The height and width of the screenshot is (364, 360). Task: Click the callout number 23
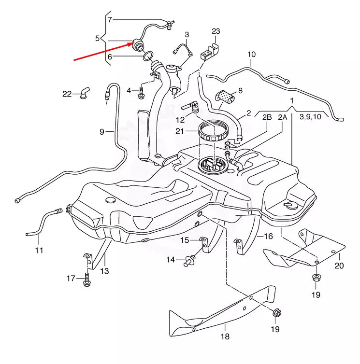216,31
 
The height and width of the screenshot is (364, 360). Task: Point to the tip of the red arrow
133,43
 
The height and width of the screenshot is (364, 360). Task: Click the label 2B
267,117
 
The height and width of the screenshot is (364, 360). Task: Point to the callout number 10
251,55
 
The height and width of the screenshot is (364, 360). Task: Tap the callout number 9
102,131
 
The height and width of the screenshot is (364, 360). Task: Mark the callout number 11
39,250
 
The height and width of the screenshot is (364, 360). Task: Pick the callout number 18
225,336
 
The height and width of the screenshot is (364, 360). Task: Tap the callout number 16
268,236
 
